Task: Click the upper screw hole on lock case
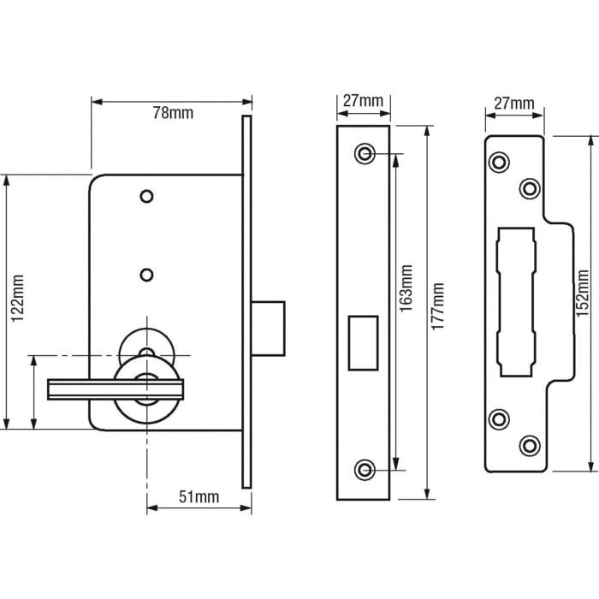(147, 197)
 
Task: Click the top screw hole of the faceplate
(365, 153)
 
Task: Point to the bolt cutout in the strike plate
(516, 302)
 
